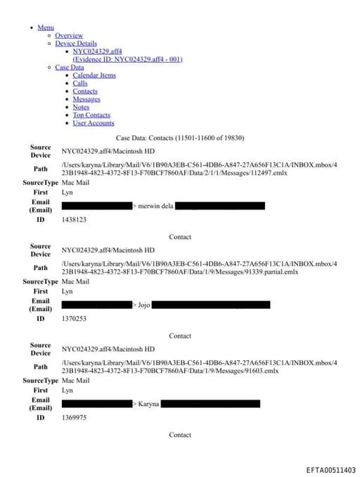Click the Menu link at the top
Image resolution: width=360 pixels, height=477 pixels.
coord(45,27)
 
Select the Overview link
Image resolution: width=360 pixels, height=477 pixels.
coord(69,35)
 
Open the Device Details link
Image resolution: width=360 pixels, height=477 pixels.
coord(76,44)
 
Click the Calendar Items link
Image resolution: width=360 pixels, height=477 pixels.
coord(94,75)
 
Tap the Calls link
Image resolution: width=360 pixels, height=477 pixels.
coord(80,84)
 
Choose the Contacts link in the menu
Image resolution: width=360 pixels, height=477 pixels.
coord(85,91)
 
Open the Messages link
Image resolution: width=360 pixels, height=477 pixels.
coord(86,99)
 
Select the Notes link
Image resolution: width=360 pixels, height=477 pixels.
coord(81,107)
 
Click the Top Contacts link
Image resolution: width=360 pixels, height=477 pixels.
coord(91,115)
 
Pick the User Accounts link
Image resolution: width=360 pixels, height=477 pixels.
coord(94,123)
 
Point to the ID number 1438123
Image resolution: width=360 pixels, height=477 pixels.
coord(74,220)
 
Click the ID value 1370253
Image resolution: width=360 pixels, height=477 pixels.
coord(74,319)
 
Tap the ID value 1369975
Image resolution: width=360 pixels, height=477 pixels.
coord(74,417)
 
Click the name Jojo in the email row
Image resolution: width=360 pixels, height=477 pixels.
coord(144,305)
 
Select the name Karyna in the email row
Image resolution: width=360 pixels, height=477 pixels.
coord(148,404)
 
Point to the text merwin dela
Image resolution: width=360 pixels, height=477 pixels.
coord(155,206)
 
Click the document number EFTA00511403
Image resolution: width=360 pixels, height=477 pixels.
coord(330,470)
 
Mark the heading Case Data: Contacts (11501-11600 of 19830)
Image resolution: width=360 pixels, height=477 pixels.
coord(180,138)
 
